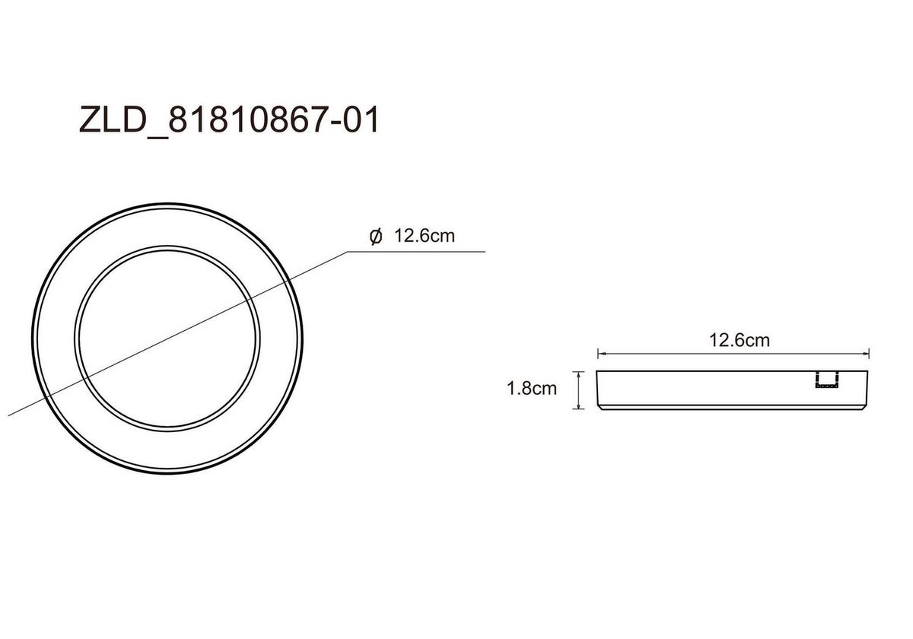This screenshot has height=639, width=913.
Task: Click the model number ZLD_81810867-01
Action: point(228,121)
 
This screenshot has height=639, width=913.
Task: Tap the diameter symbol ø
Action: point(375,237)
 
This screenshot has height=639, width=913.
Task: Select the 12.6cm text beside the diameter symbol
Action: point(424,237)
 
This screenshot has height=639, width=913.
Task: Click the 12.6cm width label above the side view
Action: point(739,340)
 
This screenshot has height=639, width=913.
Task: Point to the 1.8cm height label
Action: point(532,389)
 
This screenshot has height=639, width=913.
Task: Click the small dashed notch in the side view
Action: point(826,381)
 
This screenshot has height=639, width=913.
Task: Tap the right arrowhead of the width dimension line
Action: point(867,354)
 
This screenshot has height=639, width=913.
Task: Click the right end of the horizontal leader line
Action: point(485,250)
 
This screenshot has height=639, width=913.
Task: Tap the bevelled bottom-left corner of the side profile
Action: point(601,406)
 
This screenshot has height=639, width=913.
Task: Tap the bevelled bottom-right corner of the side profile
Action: point(865,406)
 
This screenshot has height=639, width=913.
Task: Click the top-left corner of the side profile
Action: point(598,371)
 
